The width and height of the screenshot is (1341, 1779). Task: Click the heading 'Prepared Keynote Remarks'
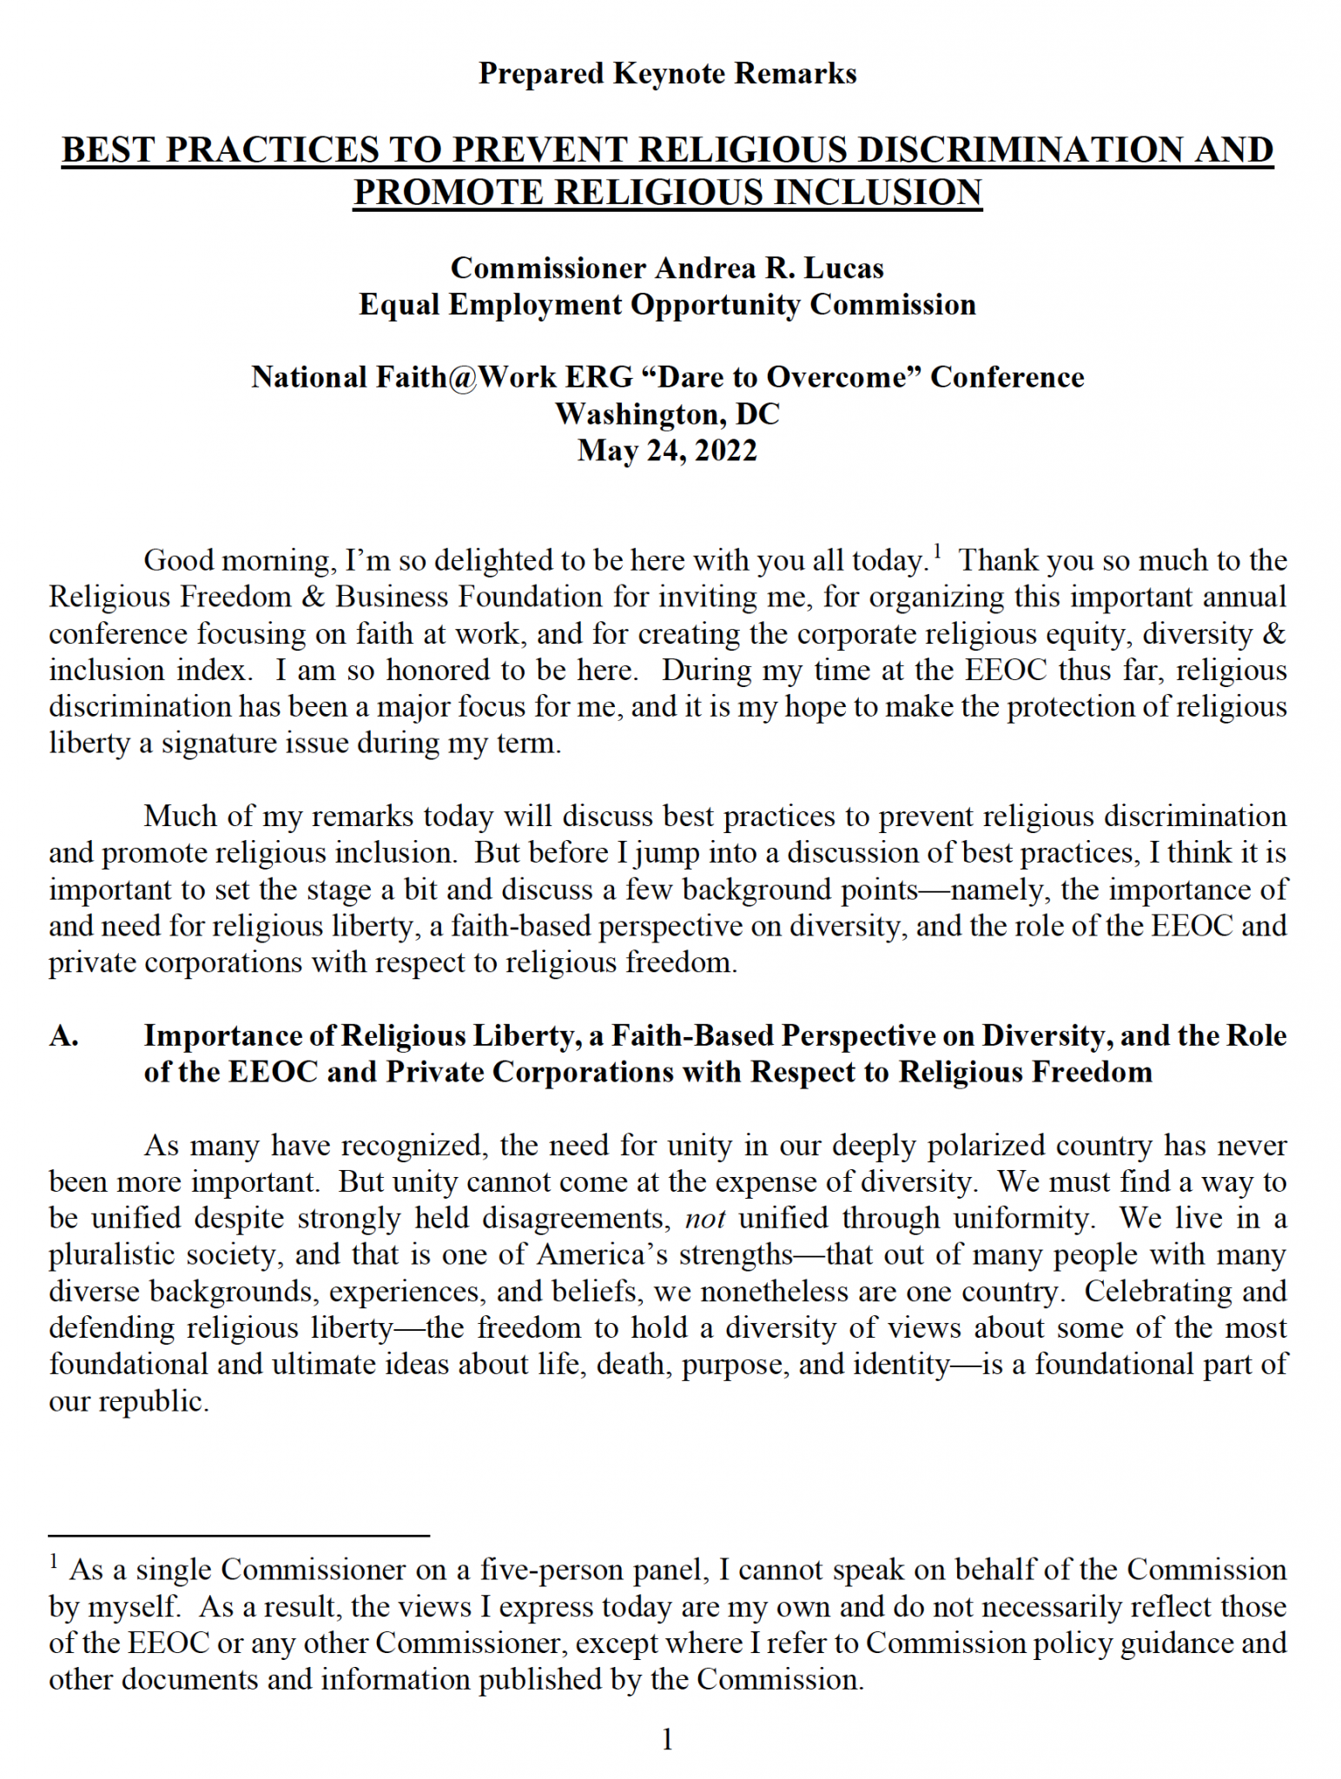(667, 74)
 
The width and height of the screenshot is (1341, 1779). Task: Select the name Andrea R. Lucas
(769, 268)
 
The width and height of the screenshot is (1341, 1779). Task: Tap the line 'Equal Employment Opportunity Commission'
(667, 305)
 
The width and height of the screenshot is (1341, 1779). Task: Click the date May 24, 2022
(667, 451)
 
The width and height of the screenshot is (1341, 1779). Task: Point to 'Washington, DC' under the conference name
(667, 413)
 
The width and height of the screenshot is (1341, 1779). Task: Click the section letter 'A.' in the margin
(64, 1035)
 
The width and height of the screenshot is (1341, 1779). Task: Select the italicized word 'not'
(704, 1219)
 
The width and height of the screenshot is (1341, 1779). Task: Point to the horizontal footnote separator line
(239, 1536)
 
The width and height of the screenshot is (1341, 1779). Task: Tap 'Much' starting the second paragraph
(176, 817)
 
